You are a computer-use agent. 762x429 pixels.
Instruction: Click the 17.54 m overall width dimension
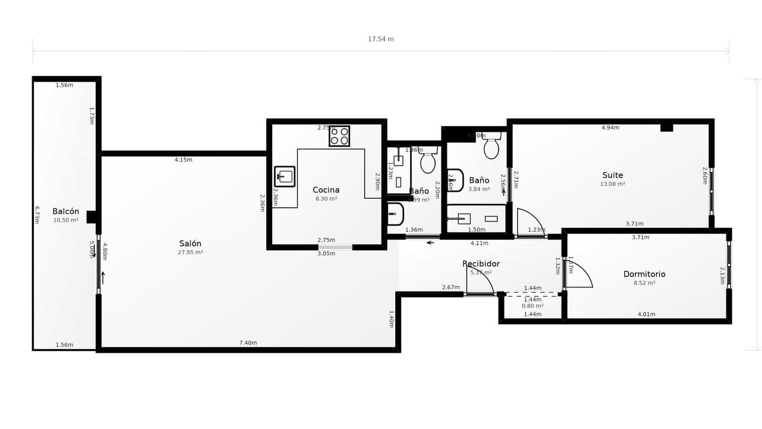(381, 39)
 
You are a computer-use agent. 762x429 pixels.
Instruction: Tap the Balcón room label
(66, 212)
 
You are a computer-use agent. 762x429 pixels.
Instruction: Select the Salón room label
(190, 244)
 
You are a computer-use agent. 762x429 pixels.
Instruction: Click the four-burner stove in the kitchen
(339, 136)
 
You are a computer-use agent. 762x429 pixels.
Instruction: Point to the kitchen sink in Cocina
(285, 176)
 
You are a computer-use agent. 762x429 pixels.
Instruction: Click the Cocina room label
(326, 190)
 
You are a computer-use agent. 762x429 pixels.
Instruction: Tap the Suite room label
(612, 175)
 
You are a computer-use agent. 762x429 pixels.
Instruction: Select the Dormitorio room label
(644, 274)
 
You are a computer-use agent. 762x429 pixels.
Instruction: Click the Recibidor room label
(481, 264)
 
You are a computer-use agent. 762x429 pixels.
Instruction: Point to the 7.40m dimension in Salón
(248, 343)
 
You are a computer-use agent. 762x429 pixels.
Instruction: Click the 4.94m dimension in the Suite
(610, 128)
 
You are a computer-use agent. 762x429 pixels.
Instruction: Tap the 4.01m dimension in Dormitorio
(646, 314)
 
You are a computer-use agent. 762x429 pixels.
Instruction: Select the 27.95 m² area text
(190, 253)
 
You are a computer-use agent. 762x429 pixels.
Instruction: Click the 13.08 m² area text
(612, 184)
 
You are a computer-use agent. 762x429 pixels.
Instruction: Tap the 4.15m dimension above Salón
(183, 160)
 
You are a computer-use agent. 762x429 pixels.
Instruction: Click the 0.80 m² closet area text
(532, 306)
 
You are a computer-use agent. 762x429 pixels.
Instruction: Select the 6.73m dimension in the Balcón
(37, 214)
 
